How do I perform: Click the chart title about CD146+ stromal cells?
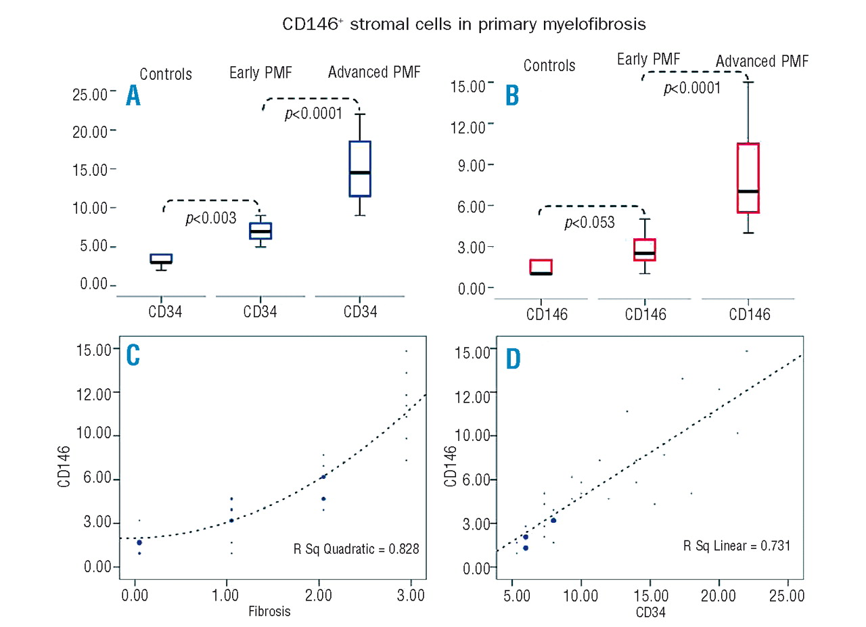[465, 25]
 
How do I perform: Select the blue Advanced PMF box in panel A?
[360, 168]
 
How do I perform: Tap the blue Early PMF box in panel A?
[260, 231]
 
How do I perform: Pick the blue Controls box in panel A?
[161, 258]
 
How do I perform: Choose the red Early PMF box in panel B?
[645, 250]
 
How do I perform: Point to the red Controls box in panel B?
[541, 267]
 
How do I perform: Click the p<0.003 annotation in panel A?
[210, 218]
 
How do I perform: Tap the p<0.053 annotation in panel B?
[589, 223]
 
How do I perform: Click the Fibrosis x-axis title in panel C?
[269, 611]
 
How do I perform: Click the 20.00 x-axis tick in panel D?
[719, 598]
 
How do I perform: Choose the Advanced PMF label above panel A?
[374, 72]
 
